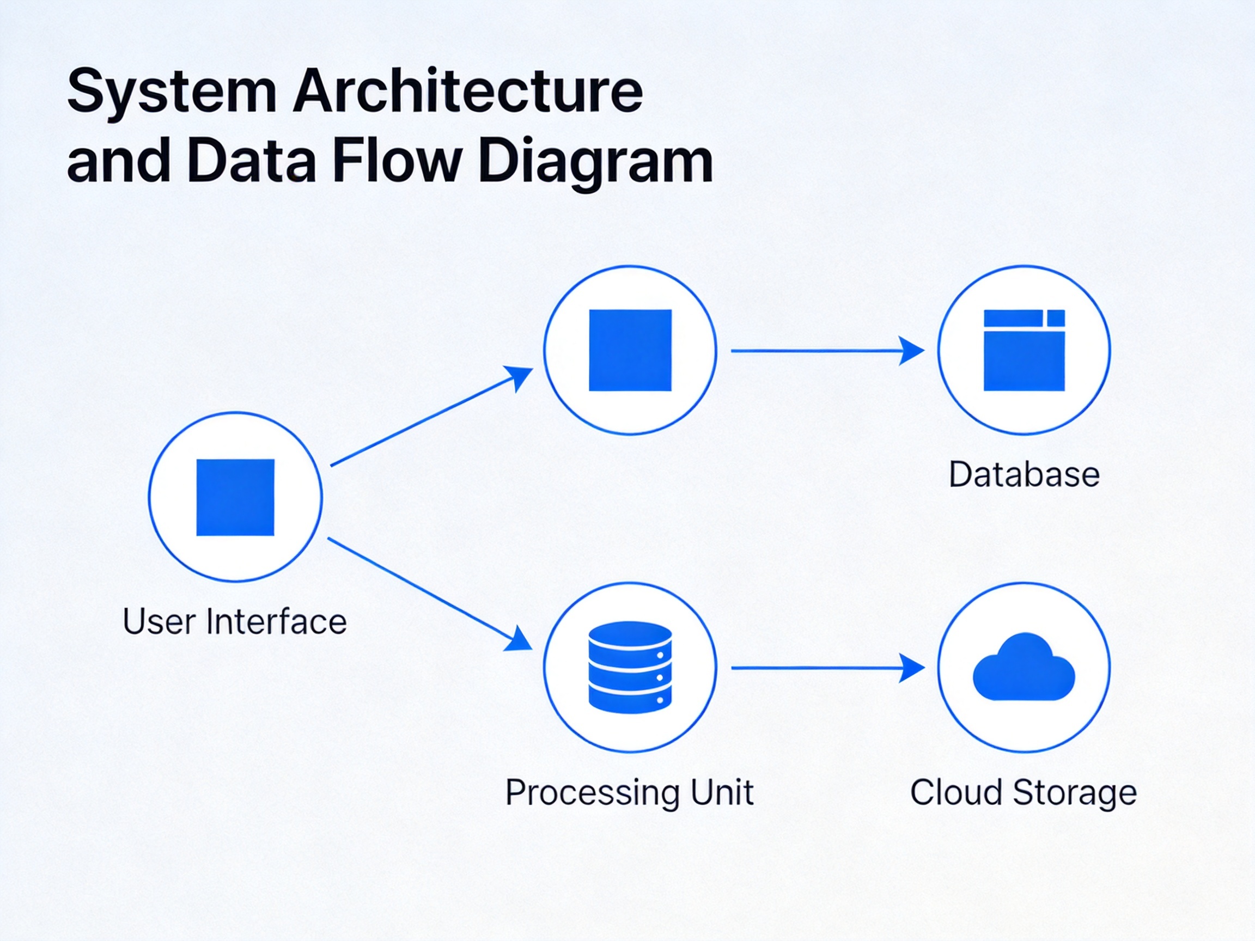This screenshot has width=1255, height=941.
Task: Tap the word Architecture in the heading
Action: [x=468, y=91]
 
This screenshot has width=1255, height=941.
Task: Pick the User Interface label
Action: [x=234, y=622]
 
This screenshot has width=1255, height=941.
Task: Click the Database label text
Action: [x=1024, y=474]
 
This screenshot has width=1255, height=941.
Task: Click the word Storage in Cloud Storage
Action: [x=1075, y=793]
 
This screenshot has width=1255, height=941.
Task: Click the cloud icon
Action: [x=1024, y=667]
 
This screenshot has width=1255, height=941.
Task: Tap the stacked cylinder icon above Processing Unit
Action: [x=630, y=667]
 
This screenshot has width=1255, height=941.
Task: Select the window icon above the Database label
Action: [x=1024, y=350]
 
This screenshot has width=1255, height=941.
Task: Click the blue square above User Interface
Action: [x=235, y=497]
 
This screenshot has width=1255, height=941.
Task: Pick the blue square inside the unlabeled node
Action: [x=630, y=350]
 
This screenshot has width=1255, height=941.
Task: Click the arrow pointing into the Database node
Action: [x=827, y=351]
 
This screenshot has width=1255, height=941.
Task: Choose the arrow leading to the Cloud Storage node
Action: [x=827, y=668]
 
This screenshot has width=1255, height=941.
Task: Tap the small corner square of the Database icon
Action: [x=1056, y=317]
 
